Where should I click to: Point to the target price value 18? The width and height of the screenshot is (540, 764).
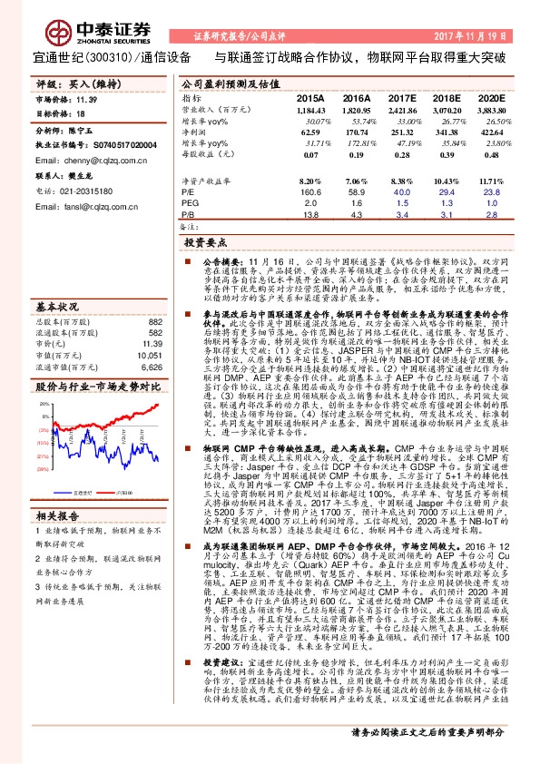pos(81,114)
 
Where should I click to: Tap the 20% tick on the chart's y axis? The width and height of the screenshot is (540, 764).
pos(40,404)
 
